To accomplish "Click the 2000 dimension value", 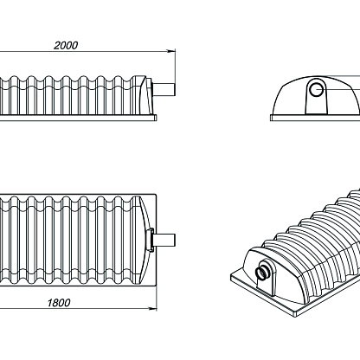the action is point(66,46).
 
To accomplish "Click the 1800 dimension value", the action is point(59,303).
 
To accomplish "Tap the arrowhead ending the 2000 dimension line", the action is point(171,51).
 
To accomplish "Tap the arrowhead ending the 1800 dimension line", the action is point(153,309).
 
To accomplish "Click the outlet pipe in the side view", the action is point(164,90).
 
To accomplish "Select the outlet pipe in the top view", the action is point(164,240).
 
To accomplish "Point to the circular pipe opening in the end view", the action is point(317,89).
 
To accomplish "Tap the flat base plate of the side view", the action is point(78,118).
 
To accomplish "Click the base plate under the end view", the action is point(315,118).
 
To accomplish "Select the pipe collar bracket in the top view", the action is point(151,240).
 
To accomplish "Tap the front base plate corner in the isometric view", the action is point(297,316).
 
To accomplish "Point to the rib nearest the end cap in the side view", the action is point(135,95).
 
